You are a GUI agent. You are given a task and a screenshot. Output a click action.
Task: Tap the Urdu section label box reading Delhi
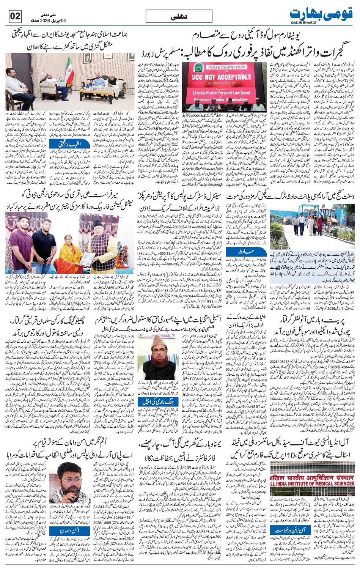(x=179, y=17)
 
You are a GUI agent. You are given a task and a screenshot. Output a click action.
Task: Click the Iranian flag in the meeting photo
(x=70, y=70)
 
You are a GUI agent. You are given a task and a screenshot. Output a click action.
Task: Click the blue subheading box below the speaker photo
(x=66, y=530)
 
